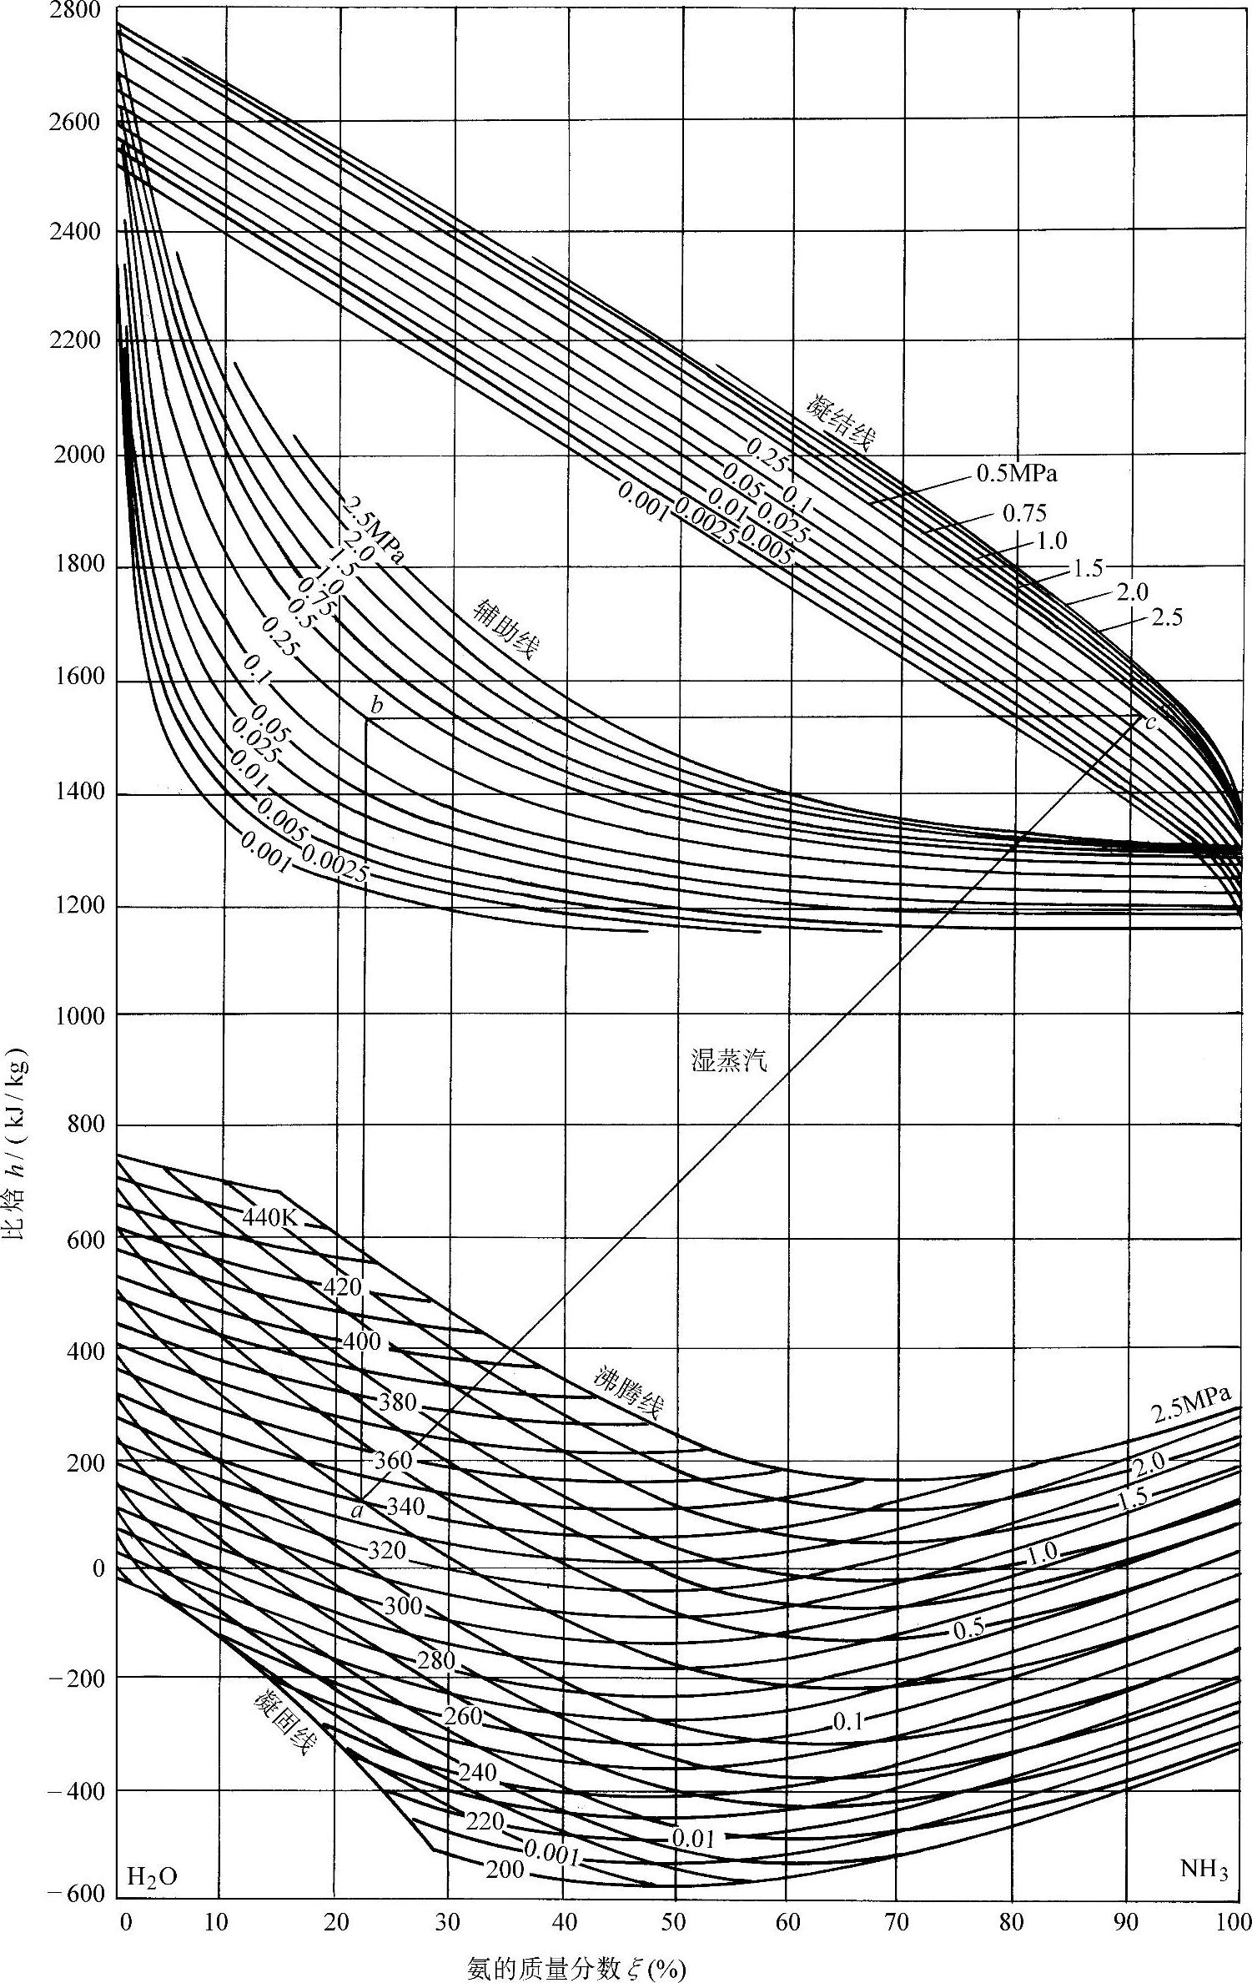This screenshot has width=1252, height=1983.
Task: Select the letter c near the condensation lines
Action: [1151, 722]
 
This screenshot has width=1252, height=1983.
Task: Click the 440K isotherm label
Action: [269, 1216]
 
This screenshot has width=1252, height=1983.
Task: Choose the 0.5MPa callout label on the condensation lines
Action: [1016, 474]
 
